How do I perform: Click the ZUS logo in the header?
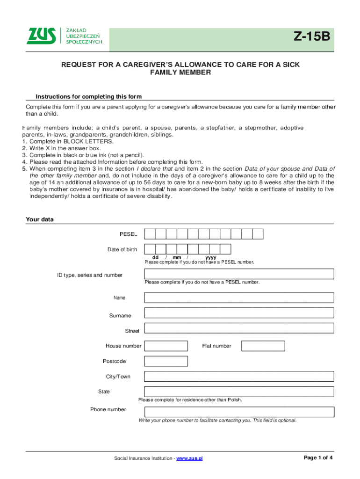(65, 36)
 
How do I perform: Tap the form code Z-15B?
(312, 36)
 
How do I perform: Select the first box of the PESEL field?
(150, 234)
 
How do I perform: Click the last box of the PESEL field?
(258, 234)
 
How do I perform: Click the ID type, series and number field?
(239, 274)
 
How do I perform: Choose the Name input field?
(239, 298)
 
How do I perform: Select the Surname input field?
(239, 313)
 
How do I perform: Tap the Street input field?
(239, 328)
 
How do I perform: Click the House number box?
(166, 346)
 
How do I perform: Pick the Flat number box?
(263, 346)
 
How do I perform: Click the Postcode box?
(166, 361)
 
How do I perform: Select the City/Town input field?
(239, 377)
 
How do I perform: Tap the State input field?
(239, 392)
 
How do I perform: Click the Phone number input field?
(239, 412)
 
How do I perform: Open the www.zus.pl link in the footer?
(189, 458)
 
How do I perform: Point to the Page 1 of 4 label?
(318, 457)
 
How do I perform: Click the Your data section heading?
(40, 219)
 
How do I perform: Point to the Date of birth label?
(122, 249)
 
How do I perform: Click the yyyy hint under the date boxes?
(210, 257)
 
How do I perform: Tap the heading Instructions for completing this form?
(89, 97)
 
